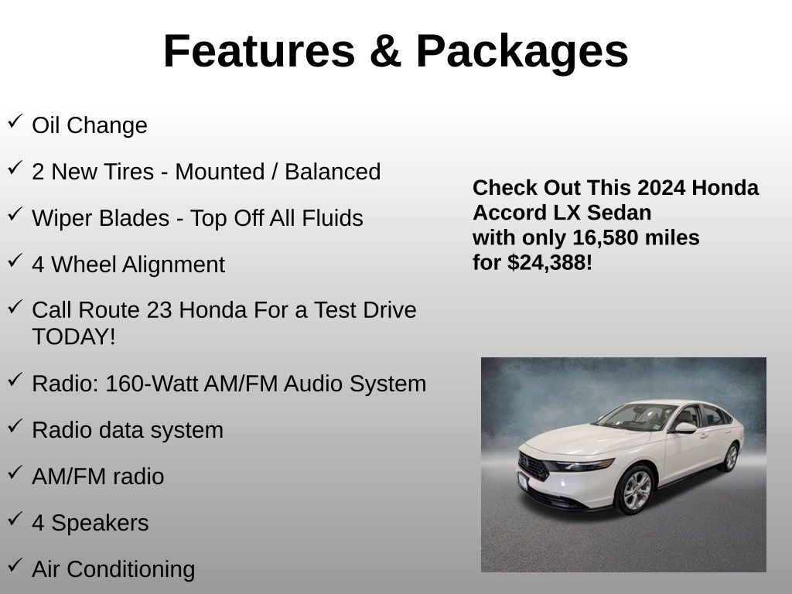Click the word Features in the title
click(259, 51)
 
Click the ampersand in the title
click(385, 51)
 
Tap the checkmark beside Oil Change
click(15, 121)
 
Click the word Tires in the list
click(129, 172)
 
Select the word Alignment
click(173, 265)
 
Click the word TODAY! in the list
click(73, 336)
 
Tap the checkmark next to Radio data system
click(15, 426)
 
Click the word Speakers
click(100, 524)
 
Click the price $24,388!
click(550, 263)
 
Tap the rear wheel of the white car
click(730, 457)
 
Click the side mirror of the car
click(684, 428)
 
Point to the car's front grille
click(533, 466)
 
